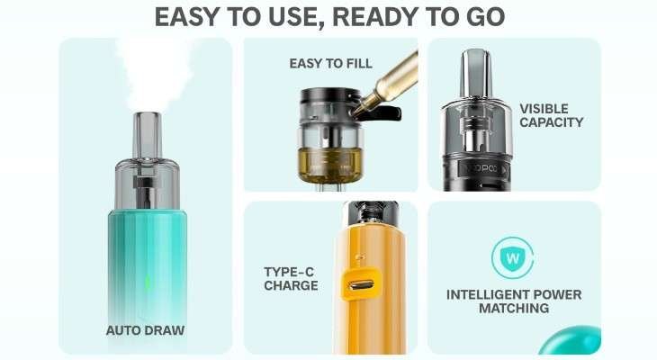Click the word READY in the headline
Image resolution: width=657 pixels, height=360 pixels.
click(x=373, y=17)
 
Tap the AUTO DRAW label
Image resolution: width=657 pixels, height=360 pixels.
click(x=145, y=330)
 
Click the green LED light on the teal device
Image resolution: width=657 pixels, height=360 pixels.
click(x=148, y=282)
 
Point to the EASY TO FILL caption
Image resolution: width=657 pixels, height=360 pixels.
click(x=330, y=63)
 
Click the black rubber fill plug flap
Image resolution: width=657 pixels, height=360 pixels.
click(x=383, y=113)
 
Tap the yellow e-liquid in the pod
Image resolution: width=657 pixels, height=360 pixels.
click(x=329, y=165)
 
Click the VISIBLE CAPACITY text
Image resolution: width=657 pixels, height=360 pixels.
click(x=551, y=115)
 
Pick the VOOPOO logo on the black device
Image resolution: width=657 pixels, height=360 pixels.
click(x=484, y=169)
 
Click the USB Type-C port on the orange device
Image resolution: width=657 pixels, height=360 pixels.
click(x=360, y=285)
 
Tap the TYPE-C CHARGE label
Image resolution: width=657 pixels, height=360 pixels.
click(x=291, y=279)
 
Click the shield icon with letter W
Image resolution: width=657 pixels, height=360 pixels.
click(x=512, y=257)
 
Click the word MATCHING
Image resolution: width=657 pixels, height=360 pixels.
click(x=514, y=308)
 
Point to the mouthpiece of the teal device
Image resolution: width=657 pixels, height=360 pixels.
click(x=147, y=135)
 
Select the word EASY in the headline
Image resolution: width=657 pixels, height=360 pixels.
click(x=186, y=17)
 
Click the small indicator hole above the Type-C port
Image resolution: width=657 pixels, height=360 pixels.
click(x=359, y=256)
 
